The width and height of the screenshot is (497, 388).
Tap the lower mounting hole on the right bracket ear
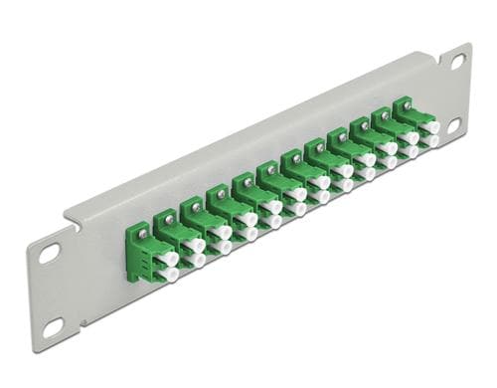453,124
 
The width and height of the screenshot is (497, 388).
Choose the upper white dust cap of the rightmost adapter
431,127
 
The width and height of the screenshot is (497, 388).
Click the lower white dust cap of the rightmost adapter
431,141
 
